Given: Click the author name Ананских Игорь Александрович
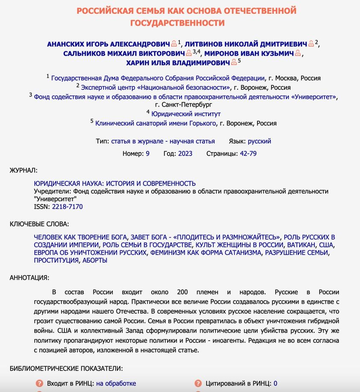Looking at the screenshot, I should (108, 44).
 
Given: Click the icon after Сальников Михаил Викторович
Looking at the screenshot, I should (189, 53).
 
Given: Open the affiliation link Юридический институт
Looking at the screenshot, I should (186, 114).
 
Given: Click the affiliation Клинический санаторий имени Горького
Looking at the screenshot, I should (155, 123).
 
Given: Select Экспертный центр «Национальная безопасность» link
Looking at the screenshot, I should (156, 88).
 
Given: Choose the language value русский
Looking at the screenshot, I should (260, 141).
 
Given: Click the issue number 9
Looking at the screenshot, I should (147, 154).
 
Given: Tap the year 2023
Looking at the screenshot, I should (185, 154).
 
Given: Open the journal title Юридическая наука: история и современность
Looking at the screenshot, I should (115, 184).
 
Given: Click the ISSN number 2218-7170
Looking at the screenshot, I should (67, 207).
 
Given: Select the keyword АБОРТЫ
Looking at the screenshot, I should (95, 260).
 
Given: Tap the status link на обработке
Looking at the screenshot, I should (116, 383).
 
